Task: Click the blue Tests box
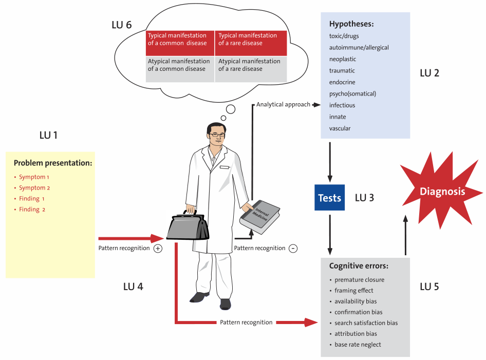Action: pos(329,198)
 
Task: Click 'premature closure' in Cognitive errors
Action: pos(359,280)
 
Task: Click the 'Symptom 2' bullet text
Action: pos(34,188)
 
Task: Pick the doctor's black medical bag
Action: pos(188,226)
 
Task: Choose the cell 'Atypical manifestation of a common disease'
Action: pos(179,65)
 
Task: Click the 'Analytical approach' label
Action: pos(283,104)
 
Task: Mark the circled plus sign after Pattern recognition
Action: pos(158,248)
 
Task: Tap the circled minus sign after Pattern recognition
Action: pos(293,248)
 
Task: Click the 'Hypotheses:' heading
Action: pos(351,24)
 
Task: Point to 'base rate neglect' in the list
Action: pos(358,345)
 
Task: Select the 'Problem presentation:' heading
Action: pos(53,163)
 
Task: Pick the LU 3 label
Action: pos(364,198)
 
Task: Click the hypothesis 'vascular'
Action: pos(340,128)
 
